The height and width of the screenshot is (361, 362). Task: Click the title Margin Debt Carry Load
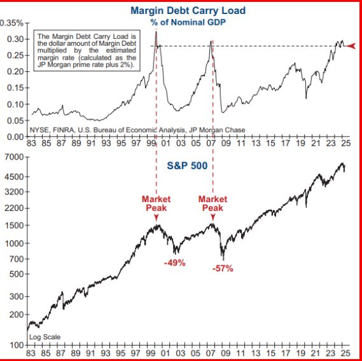(188, 11)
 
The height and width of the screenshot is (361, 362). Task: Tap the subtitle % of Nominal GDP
(188, 22)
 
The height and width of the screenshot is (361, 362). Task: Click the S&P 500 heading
(187, 166)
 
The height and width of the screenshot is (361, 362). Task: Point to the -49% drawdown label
(175, 262)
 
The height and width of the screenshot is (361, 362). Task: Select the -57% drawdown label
(223, 268)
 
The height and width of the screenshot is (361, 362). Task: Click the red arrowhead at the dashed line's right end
(351, 46)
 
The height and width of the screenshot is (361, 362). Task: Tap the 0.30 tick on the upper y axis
(15, 39)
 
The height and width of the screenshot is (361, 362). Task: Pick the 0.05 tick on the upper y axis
(15, 120)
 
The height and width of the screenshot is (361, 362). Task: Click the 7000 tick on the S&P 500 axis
(14, 158)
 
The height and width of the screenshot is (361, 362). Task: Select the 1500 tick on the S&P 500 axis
(14, 226)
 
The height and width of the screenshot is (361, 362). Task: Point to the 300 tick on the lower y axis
(16, 296)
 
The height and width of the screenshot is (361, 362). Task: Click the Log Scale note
(45, 337)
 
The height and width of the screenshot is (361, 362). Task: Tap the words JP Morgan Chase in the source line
(217, 130)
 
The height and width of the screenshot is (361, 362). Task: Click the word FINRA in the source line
(64, 130)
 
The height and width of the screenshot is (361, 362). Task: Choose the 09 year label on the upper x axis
(226, 143)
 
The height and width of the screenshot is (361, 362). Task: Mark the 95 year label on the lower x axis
(120, 353)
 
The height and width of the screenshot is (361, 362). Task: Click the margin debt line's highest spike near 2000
(156, 32)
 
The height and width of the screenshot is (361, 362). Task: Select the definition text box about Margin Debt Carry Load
(87, 50)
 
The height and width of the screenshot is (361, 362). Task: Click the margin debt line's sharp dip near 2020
(306, 98)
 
